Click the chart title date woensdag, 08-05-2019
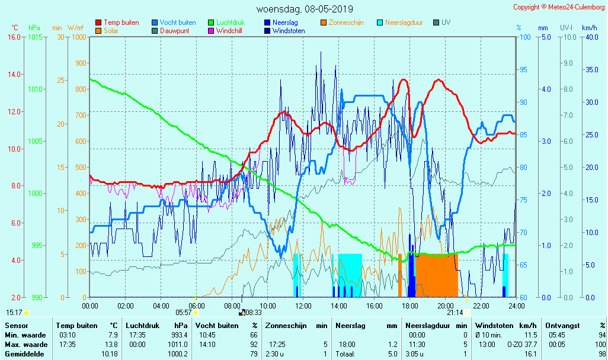tap(305, 9)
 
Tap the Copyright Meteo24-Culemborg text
tap(559, 7)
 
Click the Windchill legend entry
tap(228, 31)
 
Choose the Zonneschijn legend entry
tap(346, 22)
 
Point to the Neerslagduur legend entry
tap(404, 22)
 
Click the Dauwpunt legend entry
tap(175, 31)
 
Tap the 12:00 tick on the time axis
tap(303, 306)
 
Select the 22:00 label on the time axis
tap(481, 306)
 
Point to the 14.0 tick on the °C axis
tap(14, 75)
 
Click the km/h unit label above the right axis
tap(589, 28)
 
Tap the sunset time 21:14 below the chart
tap(455, 313)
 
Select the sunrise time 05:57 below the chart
tap(184, 313)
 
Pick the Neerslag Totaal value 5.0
tap(392, 354)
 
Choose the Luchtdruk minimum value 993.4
tap(178, 335)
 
